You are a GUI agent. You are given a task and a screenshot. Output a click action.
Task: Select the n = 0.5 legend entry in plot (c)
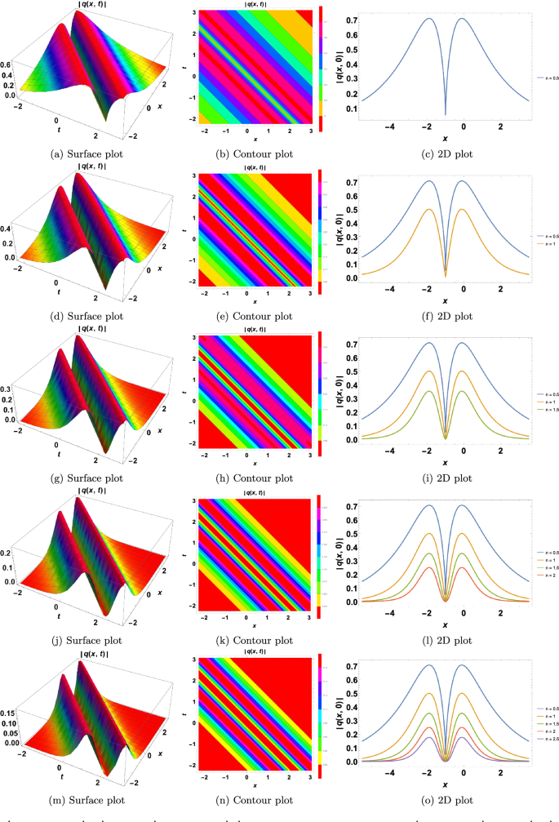click(x=546, y=78)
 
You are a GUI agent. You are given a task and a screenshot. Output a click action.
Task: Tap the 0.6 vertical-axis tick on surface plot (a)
click(x=7, y=63)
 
